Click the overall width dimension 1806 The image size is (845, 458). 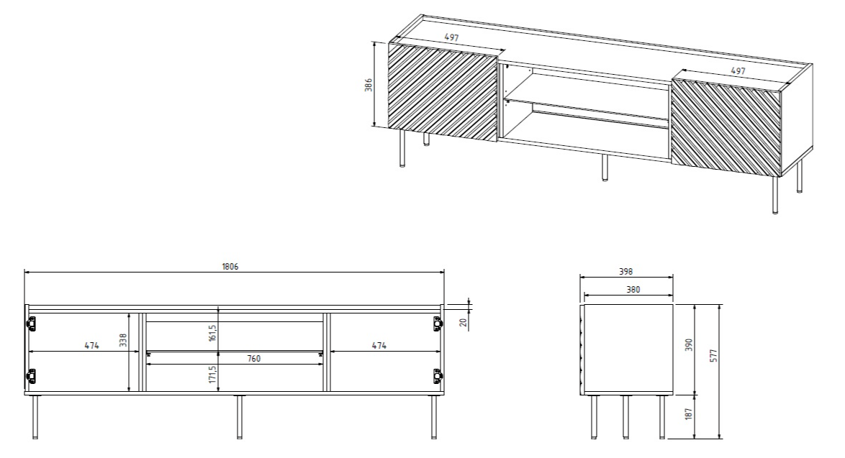click(230, 267)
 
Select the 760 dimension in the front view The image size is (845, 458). click(235, 358)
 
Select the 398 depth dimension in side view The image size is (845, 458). click(625, 272)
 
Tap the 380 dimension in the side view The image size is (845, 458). click(628, 290)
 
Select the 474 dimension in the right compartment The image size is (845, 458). click(379, 346)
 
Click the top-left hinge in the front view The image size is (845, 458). click(32, 325)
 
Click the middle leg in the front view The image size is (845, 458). click(239, 416)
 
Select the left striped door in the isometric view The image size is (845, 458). click(443, 91)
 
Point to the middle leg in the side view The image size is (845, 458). click(625, 416)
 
